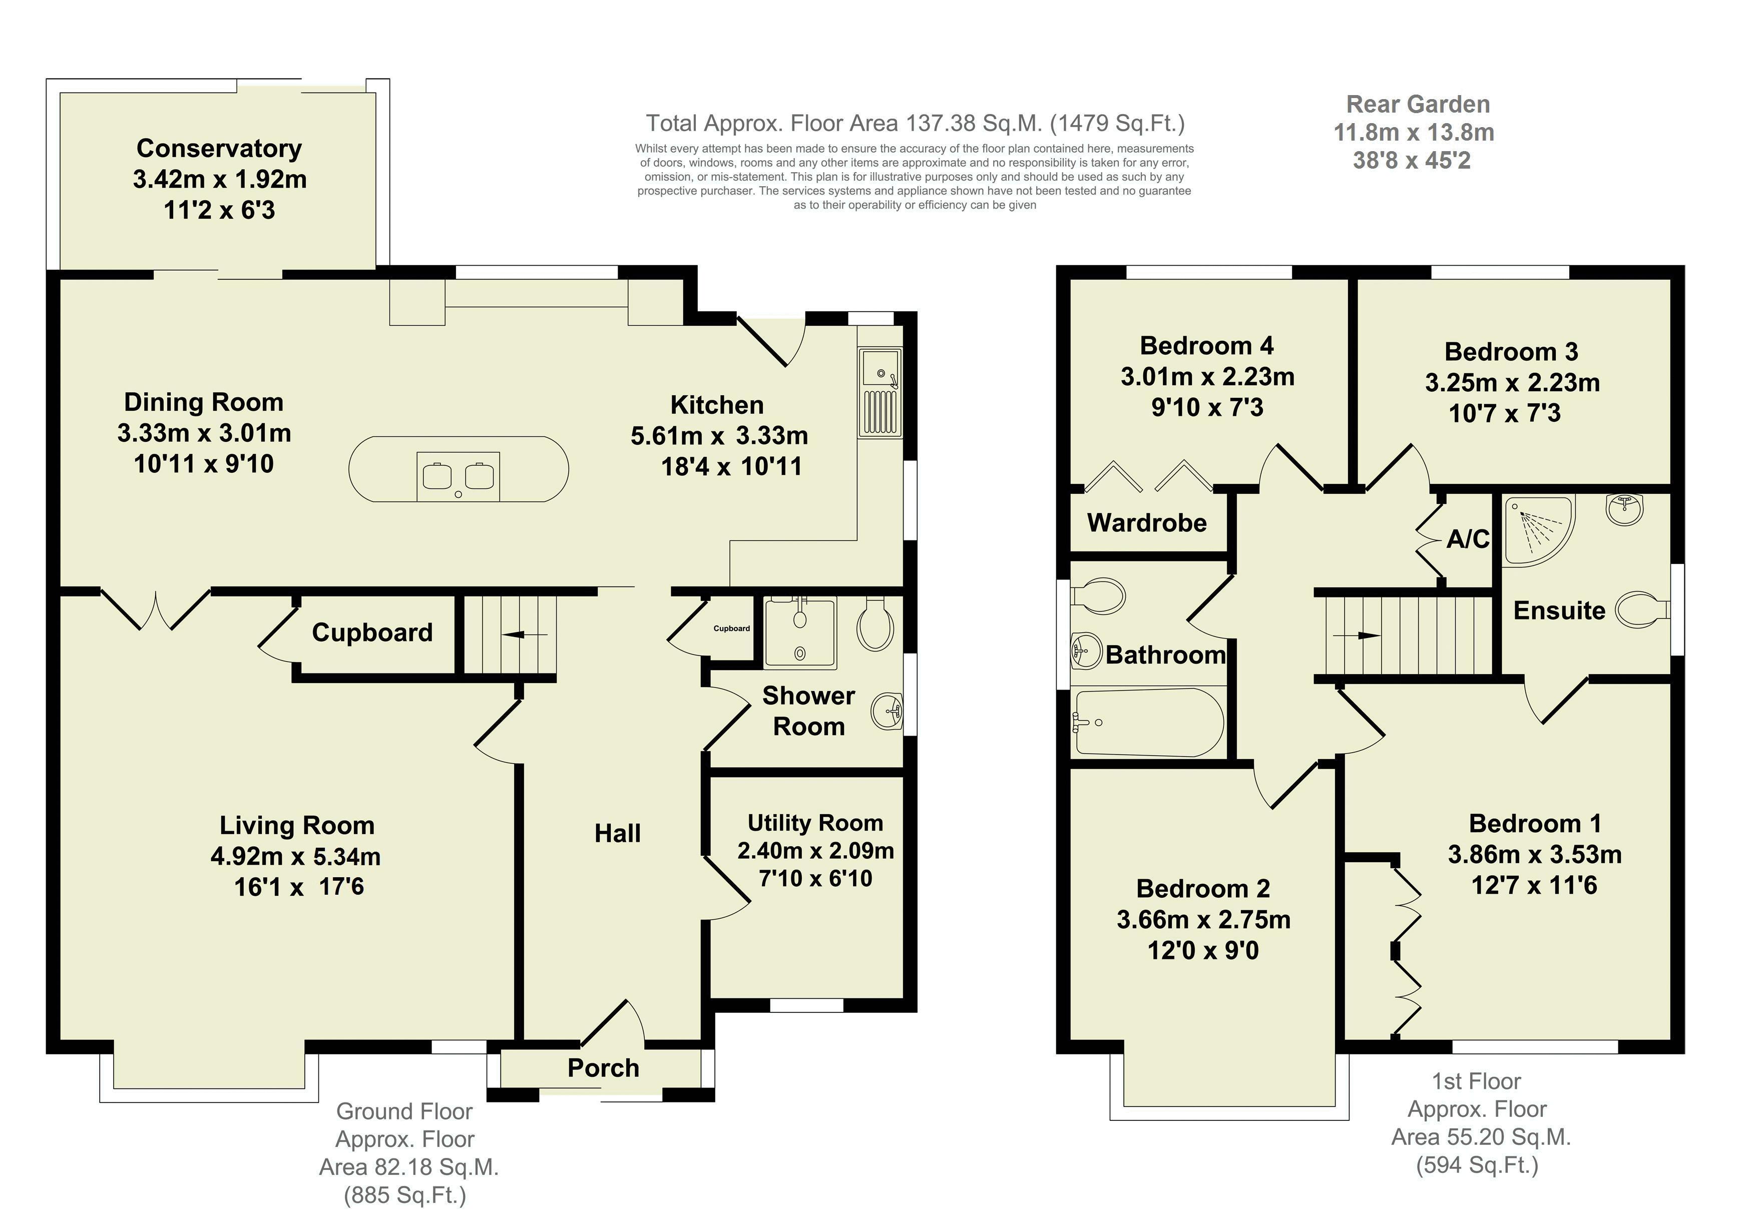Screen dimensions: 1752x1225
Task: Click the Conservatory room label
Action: click(219, 148)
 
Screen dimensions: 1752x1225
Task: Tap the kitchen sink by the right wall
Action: click(880, 393)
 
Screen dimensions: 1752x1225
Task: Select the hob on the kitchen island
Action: click(459, 476)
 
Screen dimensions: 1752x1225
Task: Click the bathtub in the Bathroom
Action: click(1148, 722)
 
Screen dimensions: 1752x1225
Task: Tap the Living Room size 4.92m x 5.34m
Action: click(296, 857)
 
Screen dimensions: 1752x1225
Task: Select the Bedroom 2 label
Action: click(1203, 889)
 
